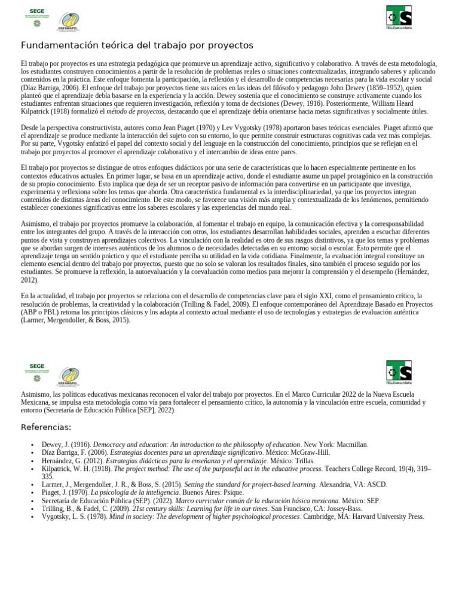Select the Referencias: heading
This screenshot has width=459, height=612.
coord(46,427)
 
